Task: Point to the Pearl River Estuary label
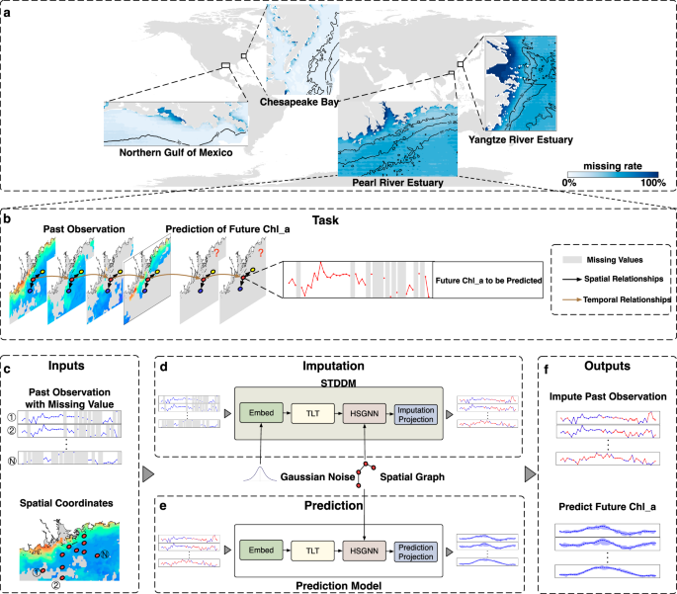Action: (x=396, y=182)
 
